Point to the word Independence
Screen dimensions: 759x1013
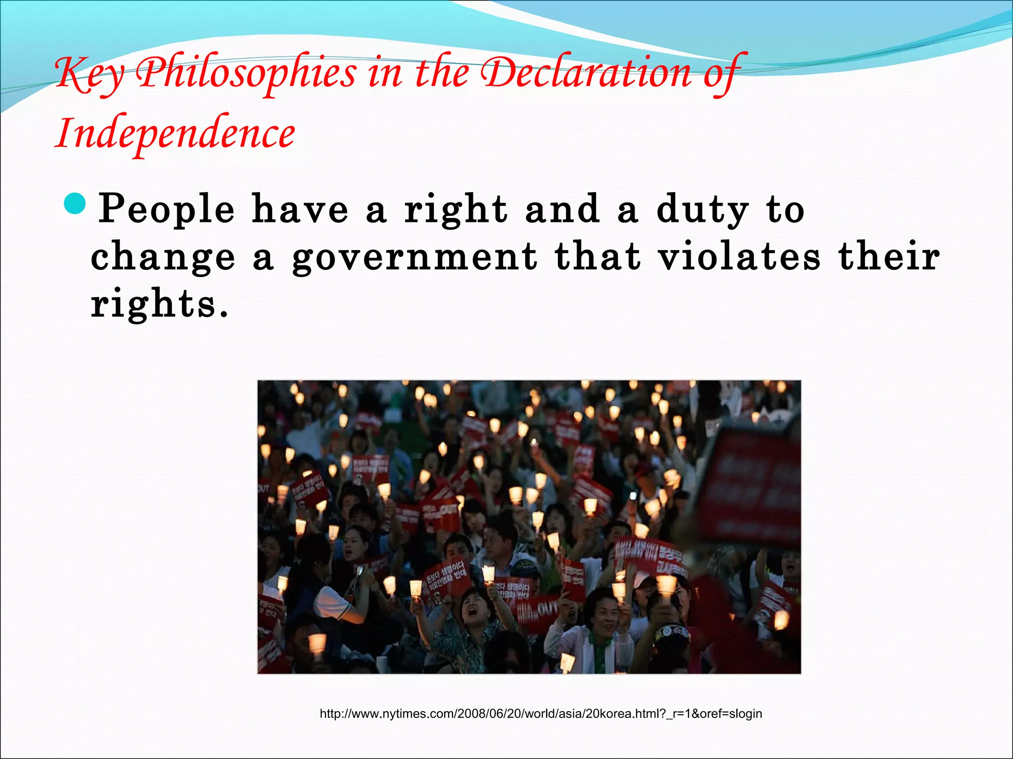[175, 133]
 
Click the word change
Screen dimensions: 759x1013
[163, 257]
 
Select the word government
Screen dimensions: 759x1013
[414, 257]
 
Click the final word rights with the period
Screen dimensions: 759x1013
[159, 303]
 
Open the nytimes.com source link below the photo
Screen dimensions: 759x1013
[541, 714]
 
